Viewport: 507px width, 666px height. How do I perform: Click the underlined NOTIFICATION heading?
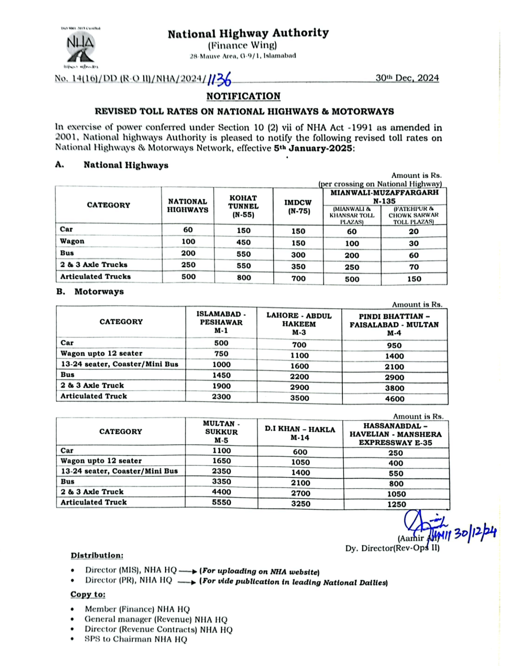click(243, 96)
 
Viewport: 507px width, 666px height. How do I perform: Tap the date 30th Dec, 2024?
click(407, 78)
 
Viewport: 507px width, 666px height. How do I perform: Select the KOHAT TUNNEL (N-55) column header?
click(243, 206)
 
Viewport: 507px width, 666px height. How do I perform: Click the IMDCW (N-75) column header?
click(298, 206)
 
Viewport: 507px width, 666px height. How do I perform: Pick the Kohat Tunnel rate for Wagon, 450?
click(244, 242)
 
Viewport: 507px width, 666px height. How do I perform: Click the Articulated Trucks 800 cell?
click(244, 277)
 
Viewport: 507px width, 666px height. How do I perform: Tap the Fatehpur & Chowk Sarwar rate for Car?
click(413, 232)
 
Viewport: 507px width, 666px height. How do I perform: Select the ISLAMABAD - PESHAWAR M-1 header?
click(221, 322)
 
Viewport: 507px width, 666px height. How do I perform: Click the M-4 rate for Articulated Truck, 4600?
click(394, 399)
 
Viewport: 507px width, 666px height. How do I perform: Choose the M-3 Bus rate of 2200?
click(299, 377)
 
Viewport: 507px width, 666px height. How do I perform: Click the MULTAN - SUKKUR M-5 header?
click(221, 432)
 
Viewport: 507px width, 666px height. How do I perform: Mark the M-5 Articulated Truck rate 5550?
click(221, 503)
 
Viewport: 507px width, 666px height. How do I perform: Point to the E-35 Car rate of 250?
click(396, 453)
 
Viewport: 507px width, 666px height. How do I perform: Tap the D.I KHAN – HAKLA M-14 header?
click(300, 433)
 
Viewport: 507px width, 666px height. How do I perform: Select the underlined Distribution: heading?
click(97, 555)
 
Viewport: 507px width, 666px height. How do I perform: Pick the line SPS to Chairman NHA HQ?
click(136, 639)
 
